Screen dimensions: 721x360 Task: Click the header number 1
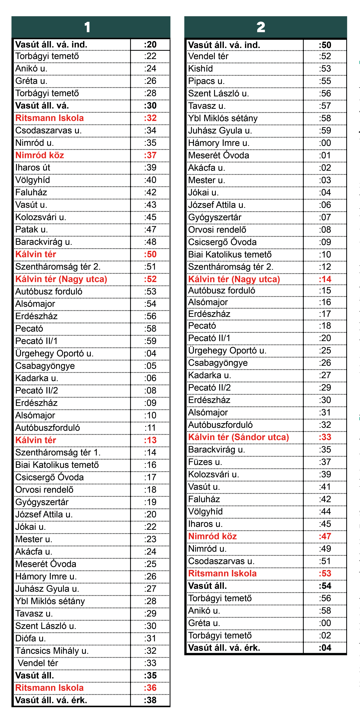87,27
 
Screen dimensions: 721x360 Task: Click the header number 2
261,27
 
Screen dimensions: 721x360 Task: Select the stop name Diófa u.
31,638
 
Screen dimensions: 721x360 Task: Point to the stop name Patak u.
31,229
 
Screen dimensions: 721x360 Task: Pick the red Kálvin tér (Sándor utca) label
238,437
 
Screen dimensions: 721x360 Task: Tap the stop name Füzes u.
205,462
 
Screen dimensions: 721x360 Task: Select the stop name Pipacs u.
206,81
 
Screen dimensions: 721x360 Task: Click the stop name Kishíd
200,69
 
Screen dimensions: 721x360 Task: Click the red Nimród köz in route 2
212,536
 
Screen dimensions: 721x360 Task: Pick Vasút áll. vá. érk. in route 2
224,648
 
